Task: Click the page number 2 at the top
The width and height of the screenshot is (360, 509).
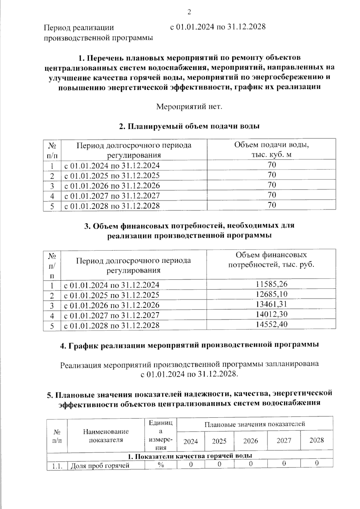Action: click(189, 12)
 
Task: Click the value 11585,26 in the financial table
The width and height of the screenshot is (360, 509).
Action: click(271, 284)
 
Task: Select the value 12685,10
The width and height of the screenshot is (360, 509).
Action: click(271, 294)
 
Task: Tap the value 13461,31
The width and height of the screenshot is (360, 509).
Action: click(271, 304)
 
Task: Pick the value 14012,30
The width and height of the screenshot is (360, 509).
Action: click(271, 314)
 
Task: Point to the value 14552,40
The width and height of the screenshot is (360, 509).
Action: click(271, 325)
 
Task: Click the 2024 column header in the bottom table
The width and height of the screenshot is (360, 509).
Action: click(191, 441)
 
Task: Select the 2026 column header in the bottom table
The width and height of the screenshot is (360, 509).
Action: click(250, 441)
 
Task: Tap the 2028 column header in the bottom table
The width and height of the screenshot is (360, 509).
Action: click(316, 440)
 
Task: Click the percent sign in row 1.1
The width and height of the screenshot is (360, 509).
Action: click(161, 465)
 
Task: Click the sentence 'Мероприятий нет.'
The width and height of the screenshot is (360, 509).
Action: click(189, 106)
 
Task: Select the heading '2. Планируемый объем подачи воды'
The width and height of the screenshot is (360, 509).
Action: click(189, 126)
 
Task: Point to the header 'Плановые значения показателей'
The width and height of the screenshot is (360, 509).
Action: click(255, 424)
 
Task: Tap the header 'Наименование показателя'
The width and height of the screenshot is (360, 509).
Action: click(106, 436)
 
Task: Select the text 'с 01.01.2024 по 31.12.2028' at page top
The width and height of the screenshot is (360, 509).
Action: click(218, 27)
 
